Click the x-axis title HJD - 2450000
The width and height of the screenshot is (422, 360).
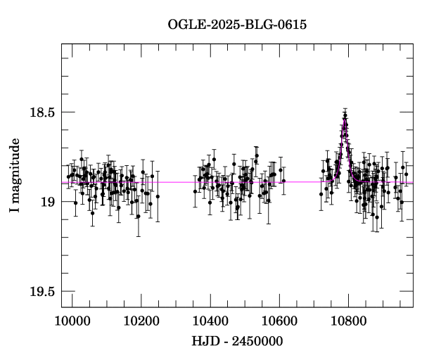point(237,341)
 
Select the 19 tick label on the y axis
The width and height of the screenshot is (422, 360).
point(47,202)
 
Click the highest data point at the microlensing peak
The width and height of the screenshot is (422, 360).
point(345,115)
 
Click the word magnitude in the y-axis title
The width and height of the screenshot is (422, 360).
point(15,169)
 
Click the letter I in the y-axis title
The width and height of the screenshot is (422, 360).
point(15,211)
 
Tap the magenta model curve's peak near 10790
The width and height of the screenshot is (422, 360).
point(345,121)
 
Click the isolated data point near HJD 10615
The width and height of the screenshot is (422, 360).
point(283,181)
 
